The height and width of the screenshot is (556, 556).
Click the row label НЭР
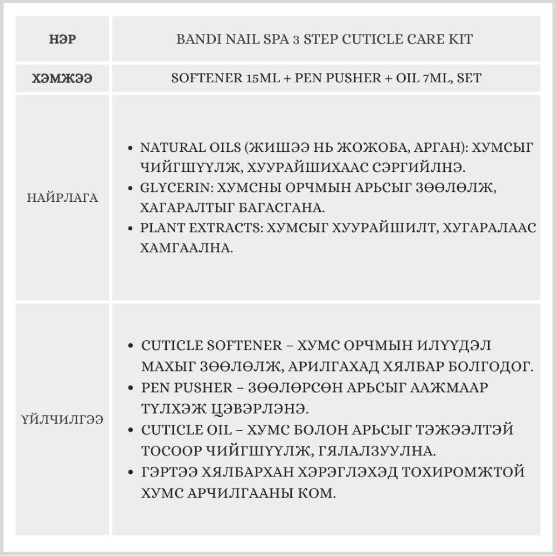click(62, 40)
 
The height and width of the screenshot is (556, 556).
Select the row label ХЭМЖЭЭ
click(62, 78)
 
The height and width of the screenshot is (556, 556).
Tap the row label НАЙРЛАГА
click(62, 197)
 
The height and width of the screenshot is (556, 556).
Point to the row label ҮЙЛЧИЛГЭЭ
click(62, 419)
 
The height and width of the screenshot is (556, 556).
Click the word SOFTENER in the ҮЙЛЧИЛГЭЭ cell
click(245, 345)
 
